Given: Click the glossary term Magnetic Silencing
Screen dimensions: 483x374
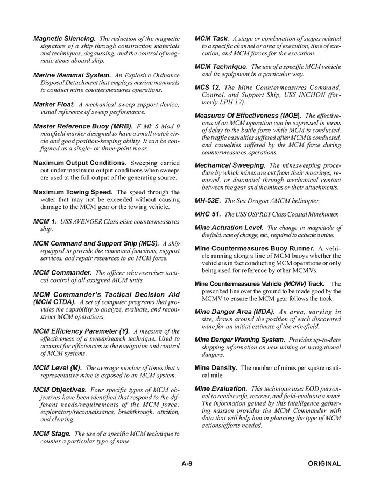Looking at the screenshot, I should (x=65, y=39).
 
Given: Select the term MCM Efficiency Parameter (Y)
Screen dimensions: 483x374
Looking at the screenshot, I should (x=81, y=331).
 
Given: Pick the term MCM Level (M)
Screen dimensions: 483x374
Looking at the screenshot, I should (x=57, y=367).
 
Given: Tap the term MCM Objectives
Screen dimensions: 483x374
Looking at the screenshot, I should (x=60, y=389).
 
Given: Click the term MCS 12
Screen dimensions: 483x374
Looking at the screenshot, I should (x=207, y=87).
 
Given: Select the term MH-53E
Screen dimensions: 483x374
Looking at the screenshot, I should (x=208, y=200).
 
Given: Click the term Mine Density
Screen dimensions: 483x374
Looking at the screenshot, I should (x=216, y=367).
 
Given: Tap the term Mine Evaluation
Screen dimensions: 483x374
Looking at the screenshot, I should (x=221, y=388).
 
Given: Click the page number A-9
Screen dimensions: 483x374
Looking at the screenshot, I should (x=187, y=463).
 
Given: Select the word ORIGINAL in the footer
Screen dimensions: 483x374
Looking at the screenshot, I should (x=324, y=463).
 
